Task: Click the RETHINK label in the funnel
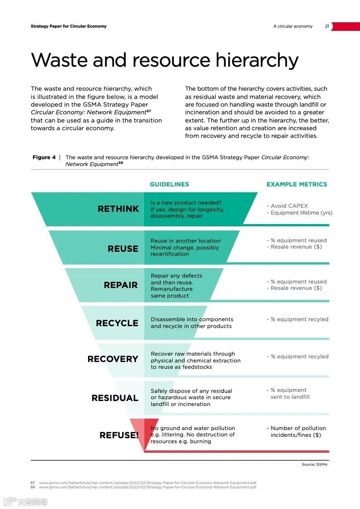(x=118, y=209)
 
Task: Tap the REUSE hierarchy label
(x=123, y=249)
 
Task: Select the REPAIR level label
(x=120, y=285)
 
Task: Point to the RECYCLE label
(x=117, y=323)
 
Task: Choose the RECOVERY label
(x=113, y=359)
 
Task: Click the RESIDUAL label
(x=115, y=398)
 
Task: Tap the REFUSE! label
(x=119, y=435)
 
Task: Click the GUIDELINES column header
(x=169, y=184)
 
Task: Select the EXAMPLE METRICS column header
(x=296, y=184)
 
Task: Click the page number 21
(x=327, y=26)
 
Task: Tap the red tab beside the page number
(x=345, y=26)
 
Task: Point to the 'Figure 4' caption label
(x=44, y=157)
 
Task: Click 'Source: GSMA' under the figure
(x=314, y=465)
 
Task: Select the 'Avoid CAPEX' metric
(x=289, y=206)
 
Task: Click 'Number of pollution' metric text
(x=298, y=428)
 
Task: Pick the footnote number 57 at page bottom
(x=33, y=483)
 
